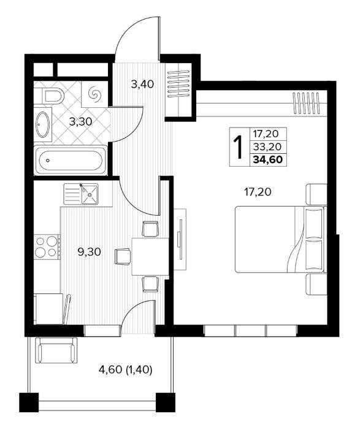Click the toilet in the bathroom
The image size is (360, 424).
click(53, 95)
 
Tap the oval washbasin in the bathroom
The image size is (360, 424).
click(44, 124)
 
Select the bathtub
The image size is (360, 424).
click(71, 161)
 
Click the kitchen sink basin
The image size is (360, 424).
click(90, 194)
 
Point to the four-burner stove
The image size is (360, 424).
click(47, 246)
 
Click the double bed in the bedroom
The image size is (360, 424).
click(280, 240)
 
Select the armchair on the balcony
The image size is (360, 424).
click(56, 350)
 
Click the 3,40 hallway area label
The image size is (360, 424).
click(142, 85)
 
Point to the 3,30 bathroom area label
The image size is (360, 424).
click(81, 122)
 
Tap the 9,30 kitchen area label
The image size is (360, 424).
click(90, 252)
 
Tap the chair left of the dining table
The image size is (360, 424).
click(123, 256)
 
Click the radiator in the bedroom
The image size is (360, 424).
click(308, 103)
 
